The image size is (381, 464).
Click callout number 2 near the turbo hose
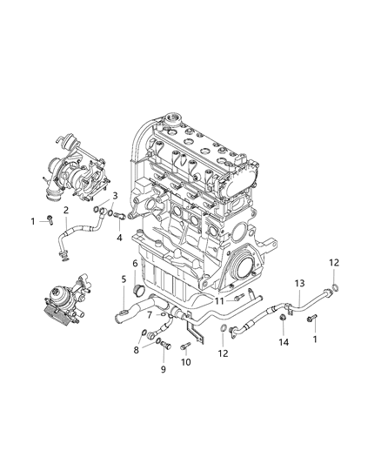coord(65,210)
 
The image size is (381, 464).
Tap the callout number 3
coord(115,197)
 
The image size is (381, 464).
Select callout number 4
coord(120,237)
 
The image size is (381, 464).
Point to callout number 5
coord(123,280)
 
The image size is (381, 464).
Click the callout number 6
coord(136,263)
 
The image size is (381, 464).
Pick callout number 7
coord(150,314)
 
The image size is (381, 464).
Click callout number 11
coord(221,300)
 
